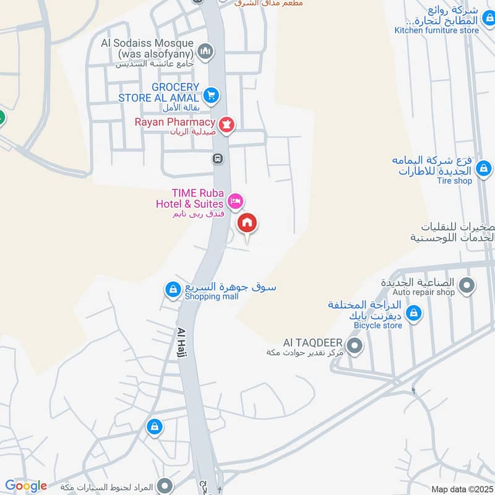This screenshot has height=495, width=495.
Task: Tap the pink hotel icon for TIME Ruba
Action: pyautogui.click(x=235, y=200)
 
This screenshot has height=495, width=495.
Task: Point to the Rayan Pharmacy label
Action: pyautogui.click(x=175, y=122)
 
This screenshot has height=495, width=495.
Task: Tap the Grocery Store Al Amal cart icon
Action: pyautogui.click(x=212, y=95)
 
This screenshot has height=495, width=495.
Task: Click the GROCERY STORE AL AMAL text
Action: pyautogui.click(x=159, y=92)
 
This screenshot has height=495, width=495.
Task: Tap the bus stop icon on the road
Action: pyautogui.click(x=218, y=158)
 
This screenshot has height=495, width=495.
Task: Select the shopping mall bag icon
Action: pyautogui.click(x=173, y=288)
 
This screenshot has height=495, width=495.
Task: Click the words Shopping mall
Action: pyautogui.click(x=211, y=296)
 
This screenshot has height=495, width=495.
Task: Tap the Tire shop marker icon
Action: pyautogui.click(x=484, y=168)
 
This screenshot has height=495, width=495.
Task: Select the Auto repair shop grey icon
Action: pyautogui.click(x=468, y=285)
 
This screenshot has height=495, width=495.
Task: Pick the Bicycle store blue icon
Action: pyautogui.click(x=414, y=313)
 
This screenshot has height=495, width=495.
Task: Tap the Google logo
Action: pyautogui.click(x=26, y=486)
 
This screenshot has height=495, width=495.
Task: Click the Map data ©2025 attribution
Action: pyautogui.click(x=461, y=489)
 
